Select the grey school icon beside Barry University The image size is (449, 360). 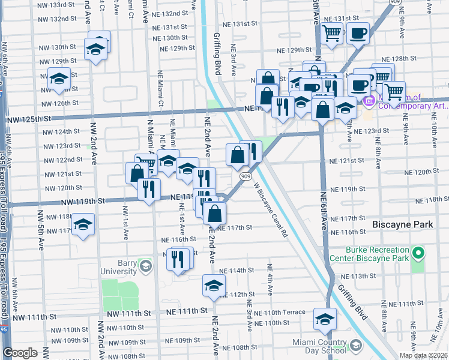coord(145,265)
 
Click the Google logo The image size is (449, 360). coord(20,353)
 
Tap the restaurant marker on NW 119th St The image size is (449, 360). coord(148,188)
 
